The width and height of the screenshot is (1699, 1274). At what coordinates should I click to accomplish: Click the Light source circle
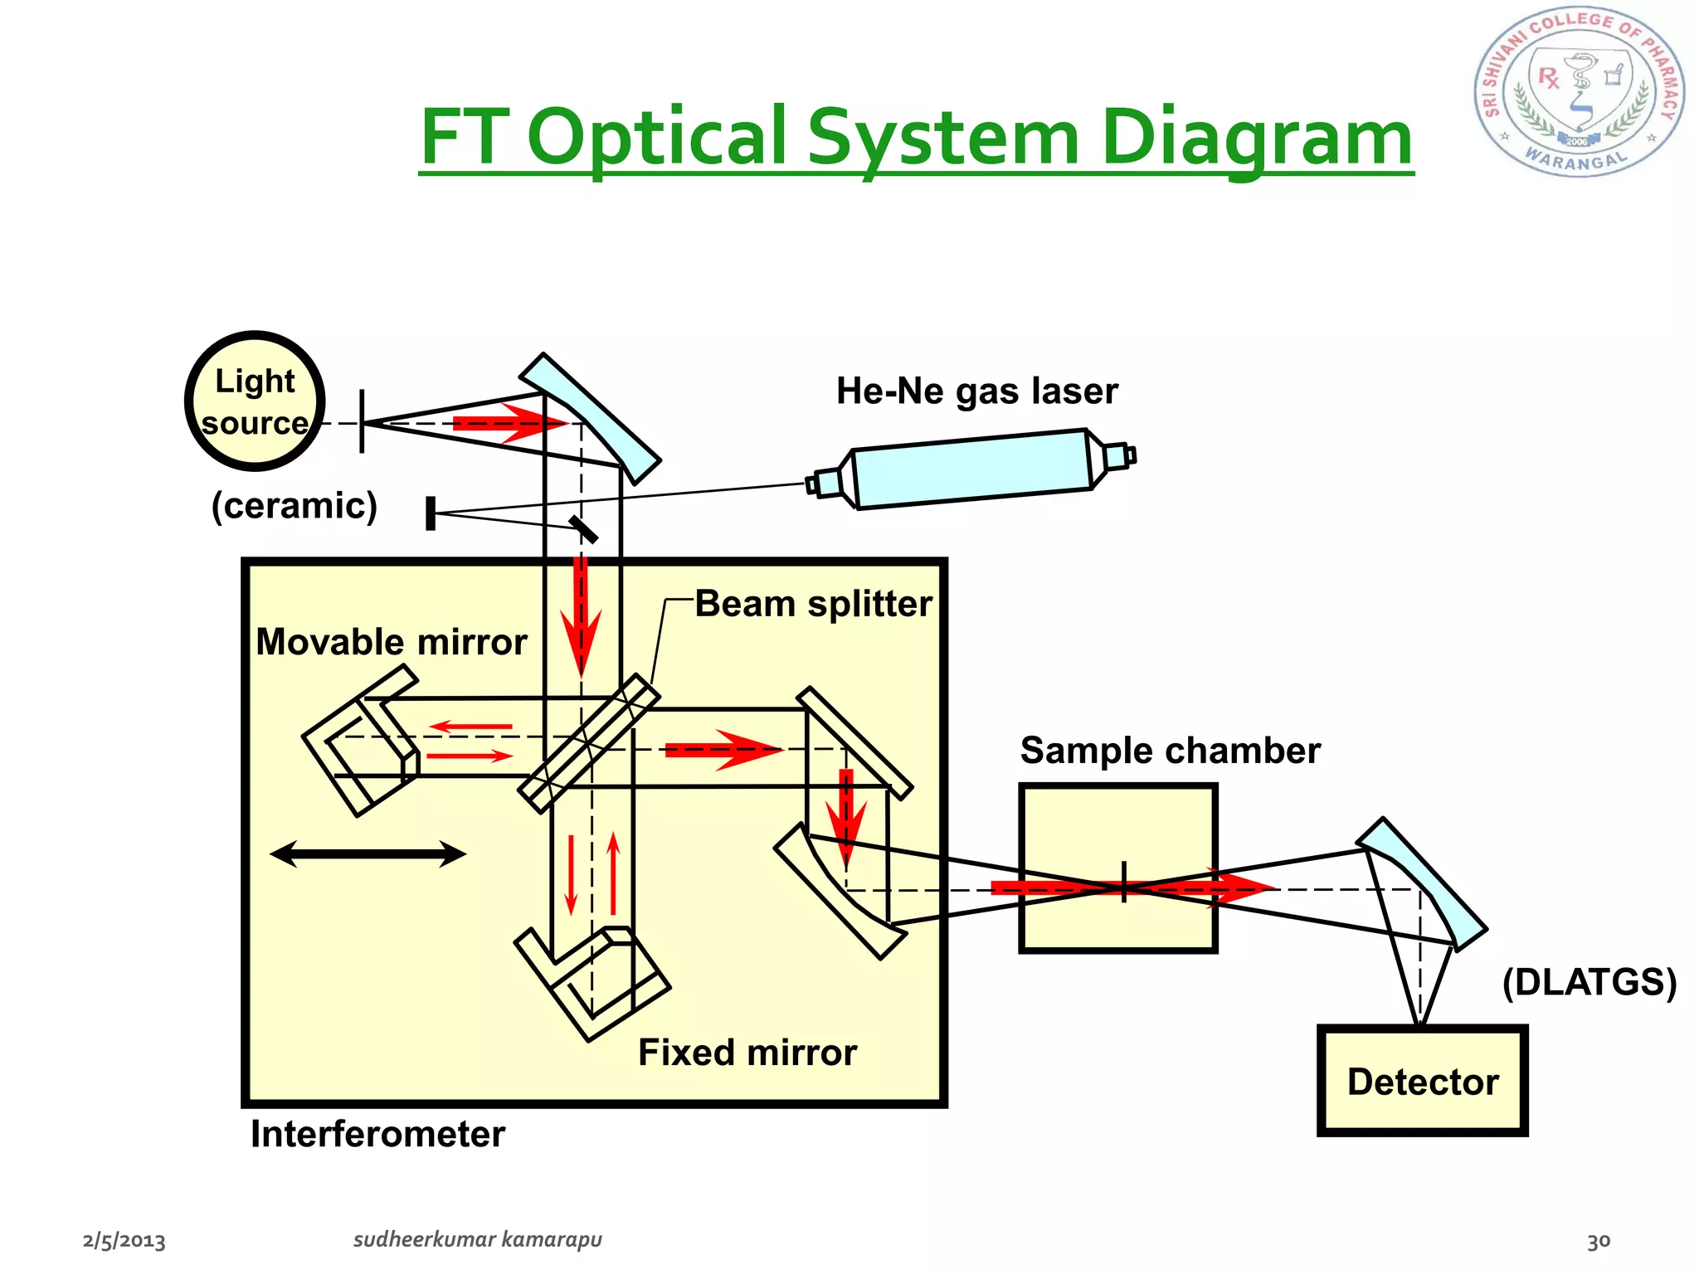(x=255, y=401)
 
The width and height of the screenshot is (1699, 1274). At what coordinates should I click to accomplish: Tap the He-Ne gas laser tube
(x=971, y=469)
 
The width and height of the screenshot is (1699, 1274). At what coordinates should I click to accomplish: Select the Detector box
(x=1422, y=1081)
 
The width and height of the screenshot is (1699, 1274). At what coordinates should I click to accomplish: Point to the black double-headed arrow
(x=368, y=853)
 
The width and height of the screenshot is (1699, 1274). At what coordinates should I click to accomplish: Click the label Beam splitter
(x=813, y=604)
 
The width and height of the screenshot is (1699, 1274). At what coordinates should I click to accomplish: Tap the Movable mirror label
(x=391, y=642)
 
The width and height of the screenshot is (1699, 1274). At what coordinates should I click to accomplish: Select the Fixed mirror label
(x=747, y=1053)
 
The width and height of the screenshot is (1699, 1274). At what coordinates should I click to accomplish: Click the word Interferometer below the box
(x=377, y=1134)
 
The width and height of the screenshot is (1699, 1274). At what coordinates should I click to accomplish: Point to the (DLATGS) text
(x=1589, y=982)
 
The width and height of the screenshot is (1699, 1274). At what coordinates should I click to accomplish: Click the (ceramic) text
(x=294, y=505)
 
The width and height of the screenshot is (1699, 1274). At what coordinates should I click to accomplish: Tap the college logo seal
(x=1579, y=93)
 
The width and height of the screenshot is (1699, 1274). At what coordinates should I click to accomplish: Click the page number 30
(x=1598, y=1242)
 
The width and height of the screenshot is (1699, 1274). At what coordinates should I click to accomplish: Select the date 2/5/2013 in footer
(x=124, y=1241)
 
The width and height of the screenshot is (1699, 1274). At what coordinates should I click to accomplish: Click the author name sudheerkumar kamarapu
(x=477, y=1239)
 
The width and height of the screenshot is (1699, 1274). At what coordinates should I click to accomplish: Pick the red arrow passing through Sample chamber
(x=1132, y=888)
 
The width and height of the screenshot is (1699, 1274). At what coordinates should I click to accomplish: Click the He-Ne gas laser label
(x=976, y=391)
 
